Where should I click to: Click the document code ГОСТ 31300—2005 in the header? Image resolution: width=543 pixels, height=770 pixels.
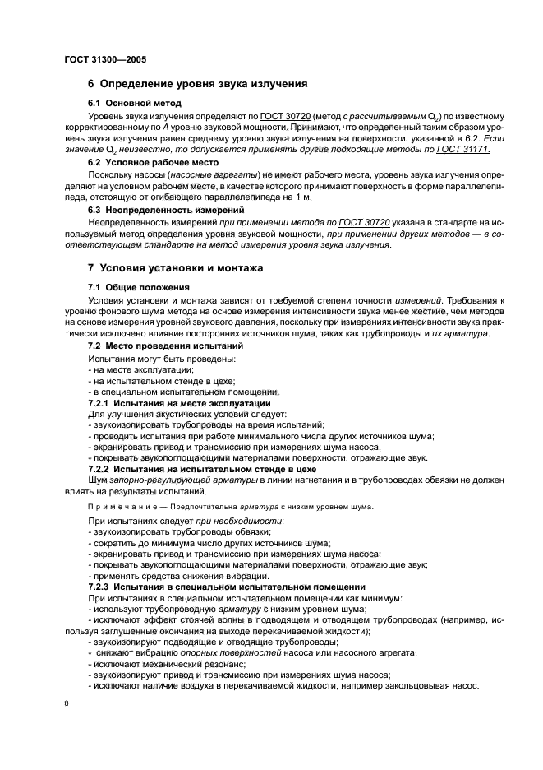[x=104, y=59]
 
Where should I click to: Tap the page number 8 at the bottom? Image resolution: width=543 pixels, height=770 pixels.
[x=67, y=704]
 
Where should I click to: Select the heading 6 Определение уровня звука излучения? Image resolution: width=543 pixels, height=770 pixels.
[x=197, y=83]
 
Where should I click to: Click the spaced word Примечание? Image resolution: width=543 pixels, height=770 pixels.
[x=121, y=506]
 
